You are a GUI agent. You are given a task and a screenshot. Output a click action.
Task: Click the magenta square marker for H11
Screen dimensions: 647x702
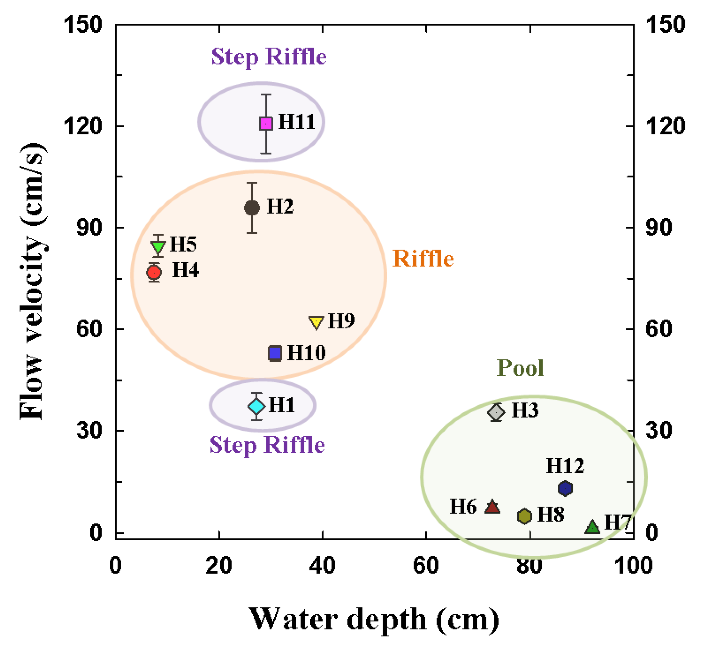tap(266, 124)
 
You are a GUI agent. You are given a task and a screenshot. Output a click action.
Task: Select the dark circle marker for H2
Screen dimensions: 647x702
tap(252, 208)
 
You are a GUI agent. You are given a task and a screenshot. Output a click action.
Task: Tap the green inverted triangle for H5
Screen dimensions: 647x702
tap(158, 246)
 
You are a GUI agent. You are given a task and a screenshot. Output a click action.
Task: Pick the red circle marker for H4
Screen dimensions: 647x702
tap(154, 272)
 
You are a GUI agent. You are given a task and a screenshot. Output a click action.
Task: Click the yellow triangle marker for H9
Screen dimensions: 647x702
tap(316, 322)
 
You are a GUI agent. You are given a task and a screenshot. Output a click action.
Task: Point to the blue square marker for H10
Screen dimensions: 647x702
tap(275, 353)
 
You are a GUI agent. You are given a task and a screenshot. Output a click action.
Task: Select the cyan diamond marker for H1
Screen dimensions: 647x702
tap(256, 406)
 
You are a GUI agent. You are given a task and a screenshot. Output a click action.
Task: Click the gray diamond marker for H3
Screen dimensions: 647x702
tap(496, 412)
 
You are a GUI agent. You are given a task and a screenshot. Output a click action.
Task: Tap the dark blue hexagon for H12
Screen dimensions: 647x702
tap(565, 488)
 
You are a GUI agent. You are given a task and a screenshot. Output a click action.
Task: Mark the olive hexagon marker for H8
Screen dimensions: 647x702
tap(524, 516)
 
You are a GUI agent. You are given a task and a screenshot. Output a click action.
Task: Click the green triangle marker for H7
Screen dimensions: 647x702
tap(592, 527)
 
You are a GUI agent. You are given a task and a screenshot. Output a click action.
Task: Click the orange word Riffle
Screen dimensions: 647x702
tap(423, 259)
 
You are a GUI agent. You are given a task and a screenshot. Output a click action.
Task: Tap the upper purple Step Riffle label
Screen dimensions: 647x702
tap(269, 56)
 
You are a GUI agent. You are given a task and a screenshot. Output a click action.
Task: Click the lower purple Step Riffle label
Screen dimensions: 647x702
tap(267, 445)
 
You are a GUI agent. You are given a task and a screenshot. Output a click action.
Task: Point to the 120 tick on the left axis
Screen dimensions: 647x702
tap(82, 126)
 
